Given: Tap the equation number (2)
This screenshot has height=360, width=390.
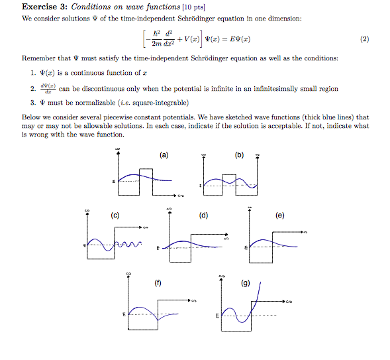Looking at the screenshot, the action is pyautogui.click(x=364, y=39).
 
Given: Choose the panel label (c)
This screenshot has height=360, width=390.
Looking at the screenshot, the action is pyautogui.click(x=115, y=215).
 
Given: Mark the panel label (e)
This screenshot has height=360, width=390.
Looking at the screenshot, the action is pyautogui.click(x=280, y=215).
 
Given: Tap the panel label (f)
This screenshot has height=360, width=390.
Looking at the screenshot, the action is pyautogui.click(x=158, y=283).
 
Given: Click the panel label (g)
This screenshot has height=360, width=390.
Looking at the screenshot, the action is pyautogui.click(x=246, y=283).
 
